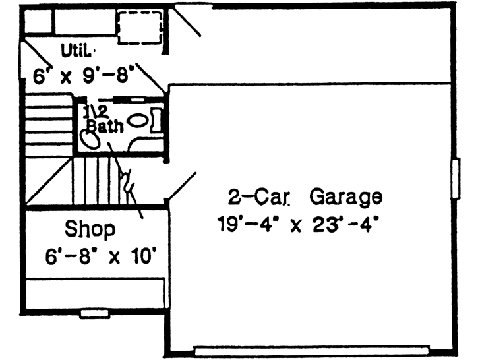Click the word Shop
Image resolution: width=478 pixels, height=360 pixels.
[x=90, y=229]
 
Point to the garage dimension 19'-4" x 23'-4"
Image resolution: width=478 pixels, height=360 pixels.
[x=301, y=224]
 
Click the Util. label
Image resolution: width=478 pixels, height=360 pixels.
[x=78, y=49]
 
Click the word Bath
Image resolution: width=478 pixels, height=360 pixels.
[x=105, y=127]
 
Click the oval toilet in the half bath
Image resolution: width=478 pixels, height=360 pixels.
[x=138, y=121]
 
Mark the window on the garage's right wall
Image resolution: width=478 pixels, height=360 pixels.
[x=456, y=177]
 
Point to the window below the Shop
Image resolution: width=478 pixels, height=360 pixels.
[x=94, y=314]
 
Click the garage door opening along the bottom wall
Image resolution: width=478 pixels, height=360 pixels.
[x=312, y=349]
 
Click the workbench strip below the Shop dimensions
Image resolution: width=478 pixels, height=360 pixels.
[x=94, y=291]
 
